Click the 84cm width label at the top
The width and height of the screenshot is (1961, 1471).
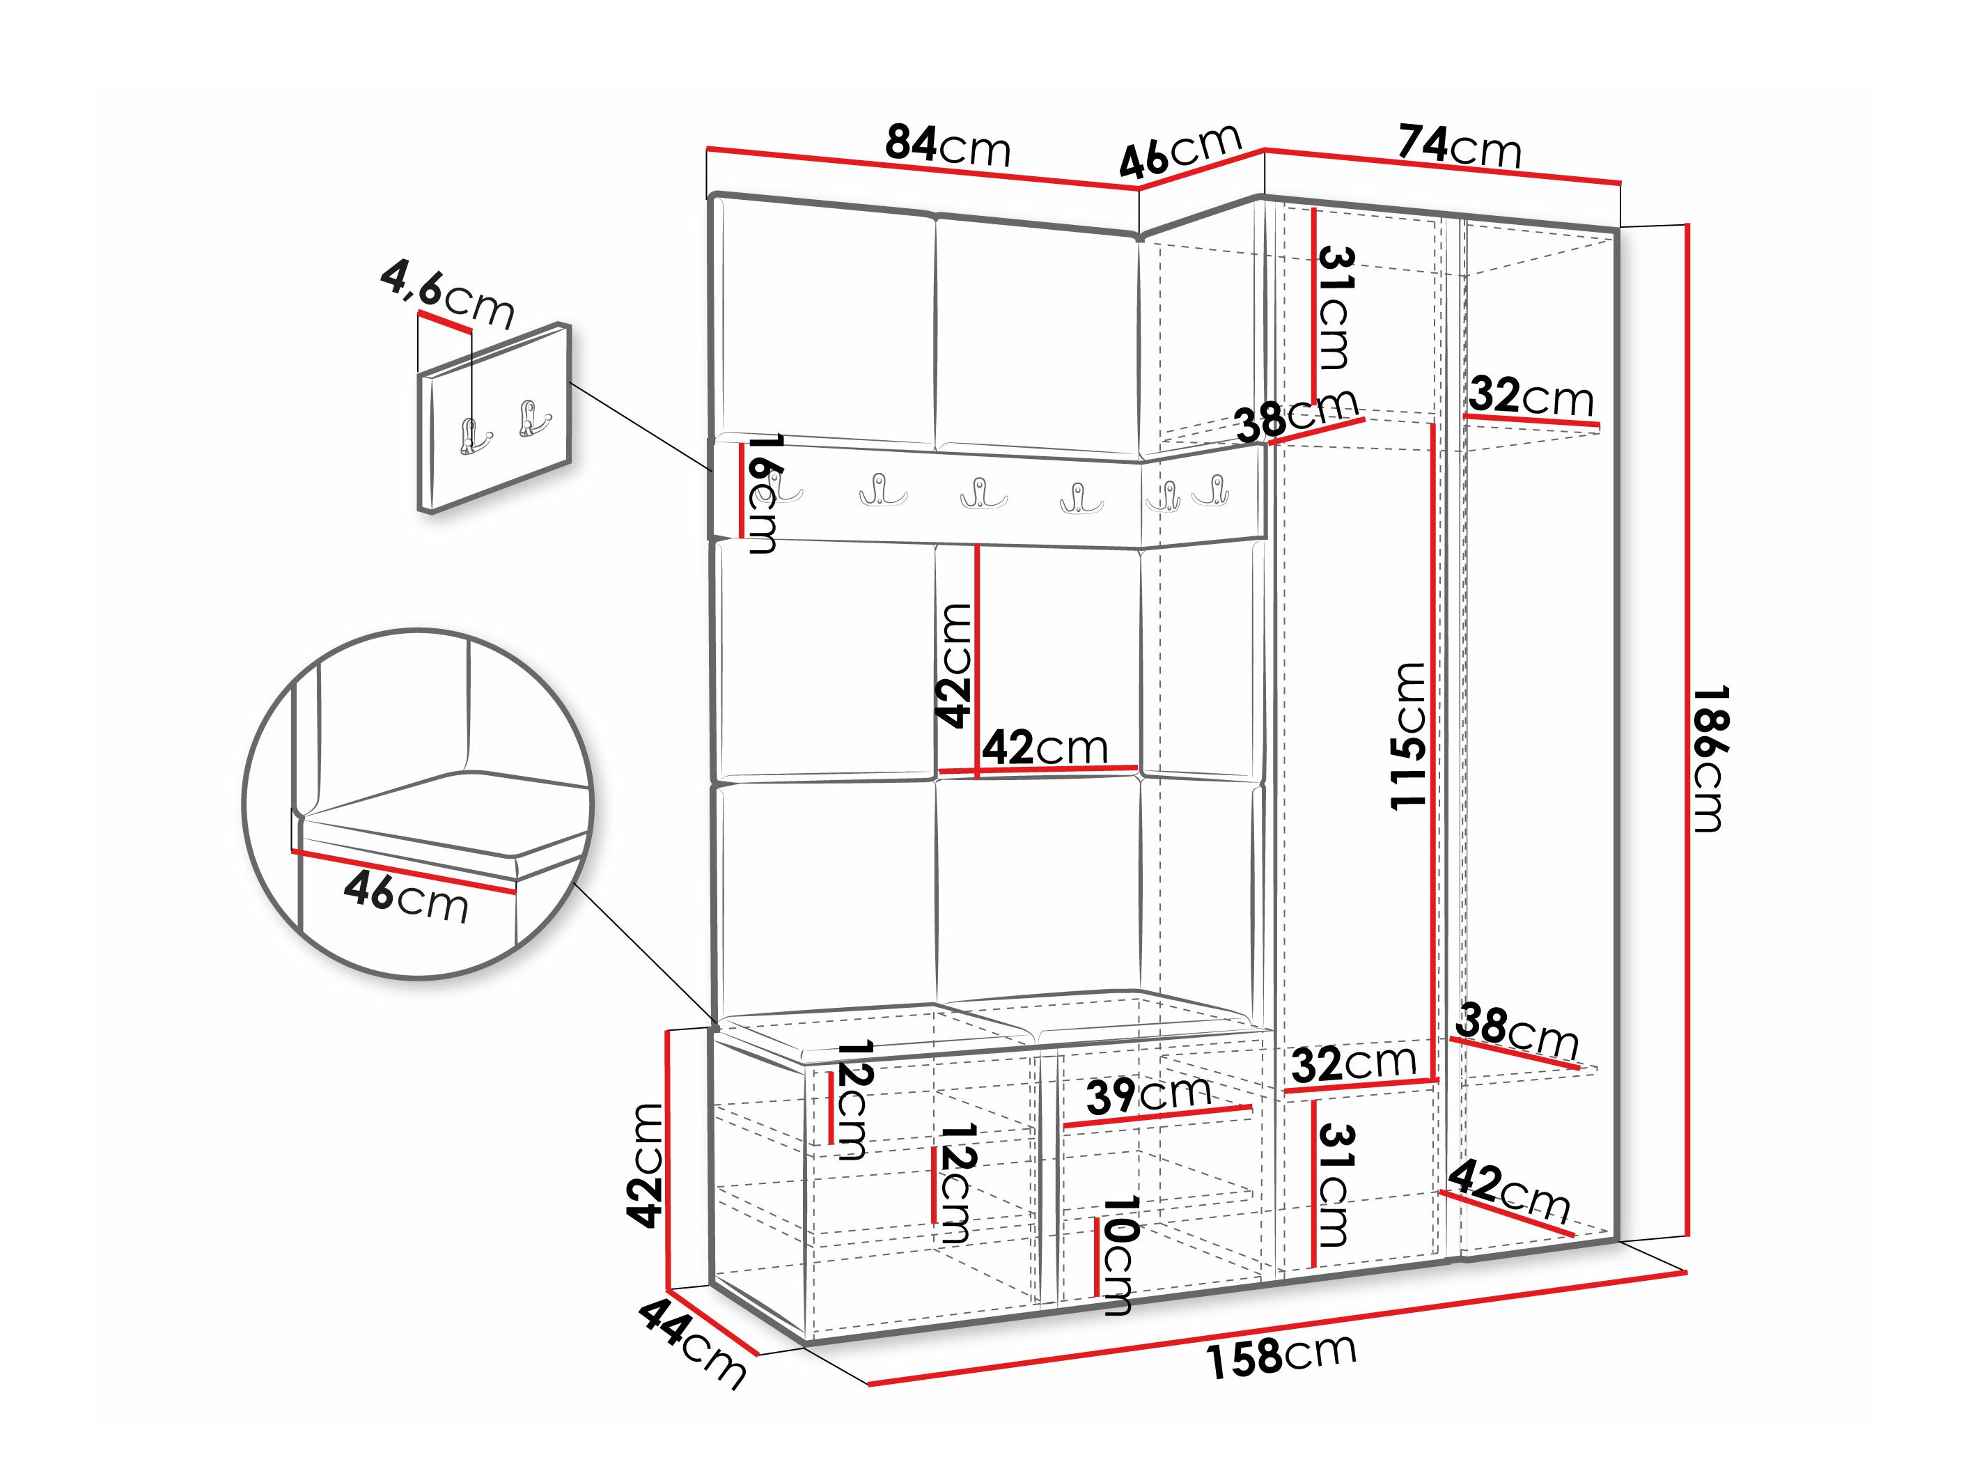pyautogui.click(x=947, y=146)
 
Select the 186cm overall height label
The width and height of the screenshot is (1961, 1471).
pyautogui.click(x=1708, y=757)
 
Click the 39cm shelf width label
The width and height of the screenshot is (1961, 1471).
pyautogui.click(x=1149, y=1095)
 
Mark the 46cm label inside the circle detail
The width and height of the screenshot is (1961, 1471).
pyautogui.click(x=406, y=896)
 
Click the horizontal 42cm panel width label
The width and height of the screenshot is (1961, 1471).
pyautogui.click(x=1045, y=747)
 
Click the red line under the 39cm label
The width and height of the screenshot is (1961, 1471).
pyautogui.click(x=1157, y=1116)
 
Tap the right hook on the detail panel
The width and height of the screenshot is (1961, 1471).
pyautogui.click(x=533, y=419)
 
